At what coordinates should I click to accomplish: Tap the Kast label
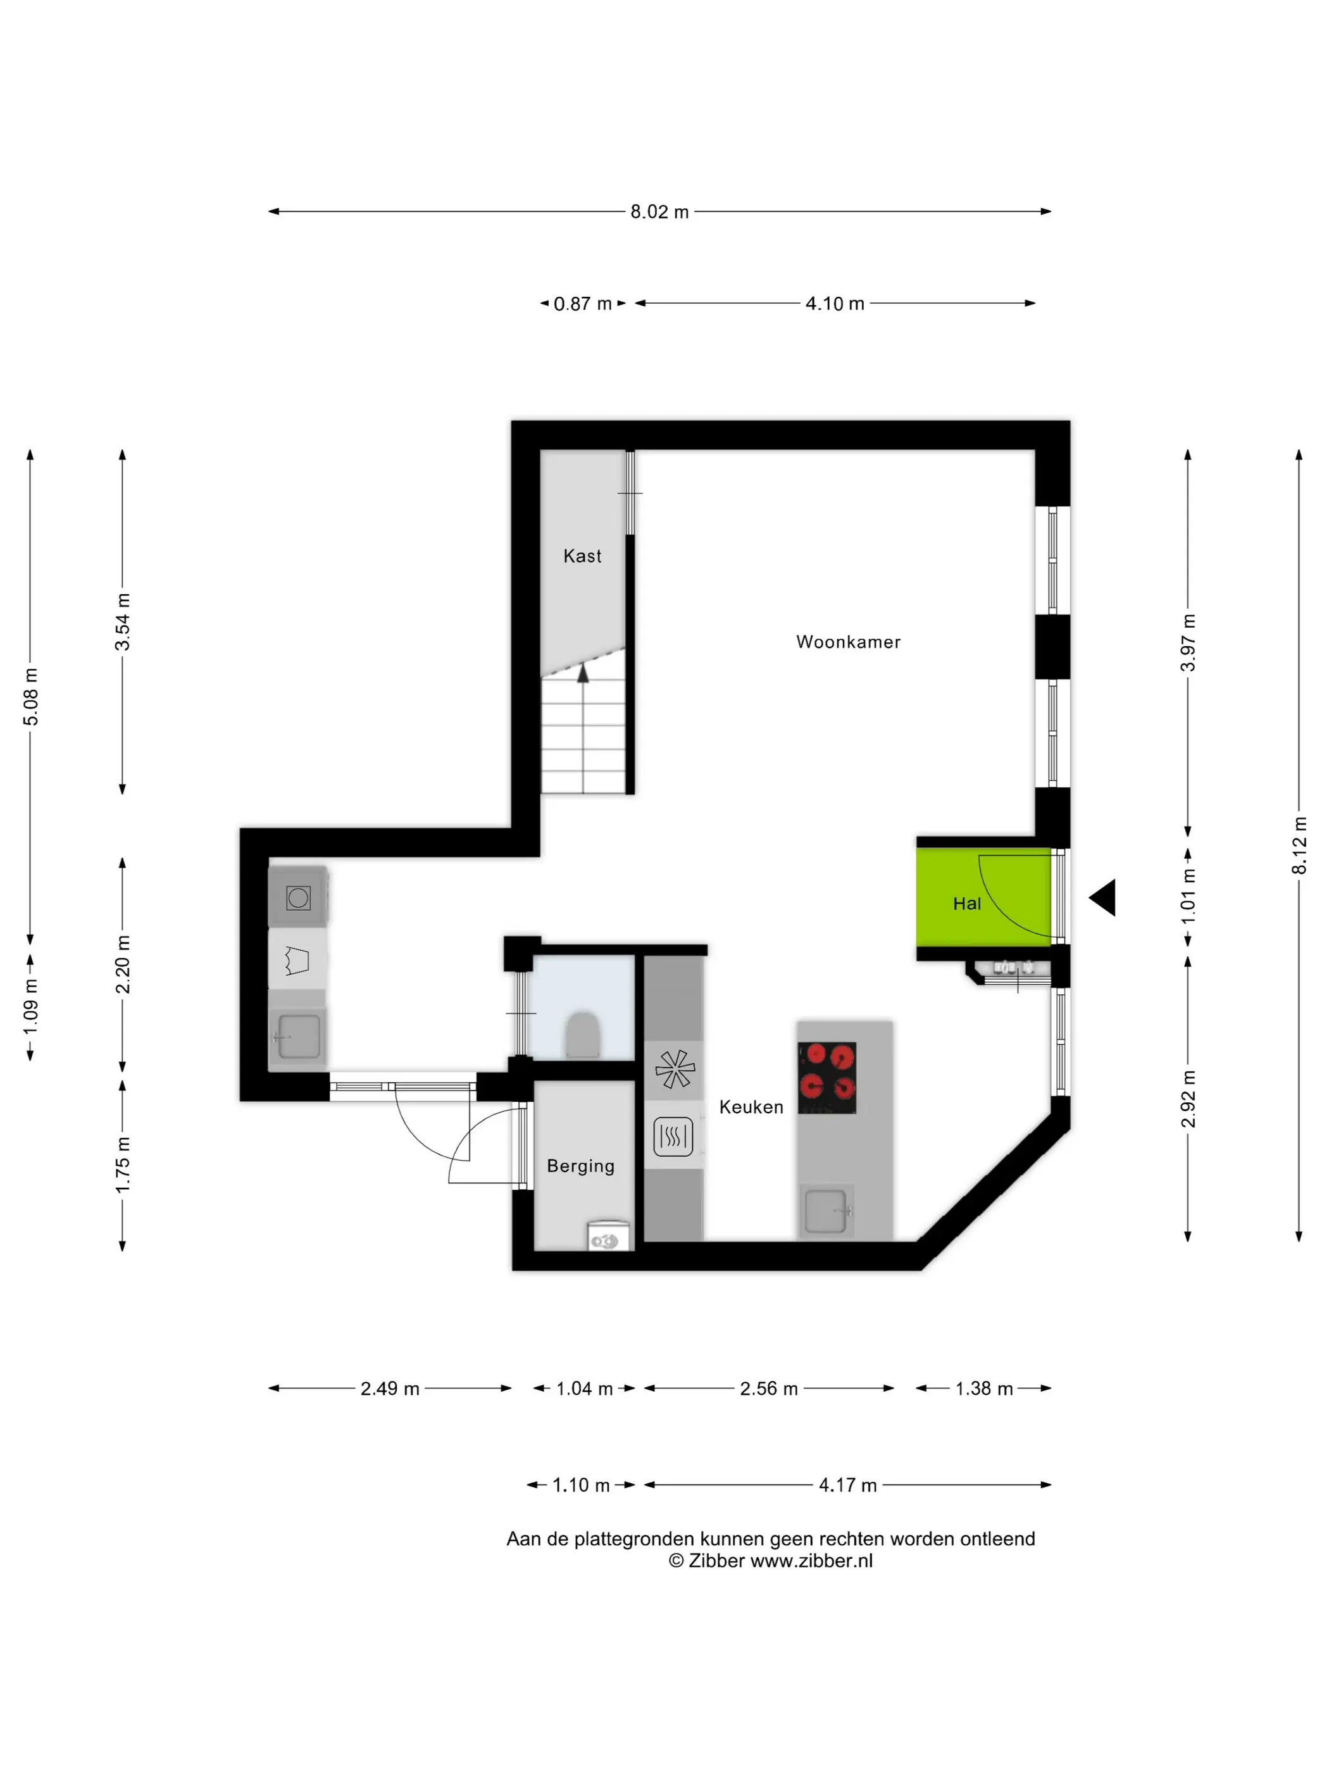click(x=582, y=556)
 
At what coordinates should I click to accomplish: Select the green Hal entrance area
click(x=983, y=897)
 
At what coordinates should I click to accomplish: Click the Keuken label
click(x=751, y=1106)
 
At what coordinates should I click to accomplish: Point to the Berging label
click(x=581, y=1166)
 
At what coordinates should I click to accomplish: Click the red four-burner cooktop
click(x=827, y=1078)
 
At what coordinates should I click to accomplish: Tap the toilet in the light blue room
click(x=582, y=1035)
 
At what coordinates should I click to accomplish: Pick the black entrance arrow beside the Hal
click(x=1102, y=897)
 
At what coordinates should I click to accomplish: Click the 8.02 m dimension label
click(x=659, y=211)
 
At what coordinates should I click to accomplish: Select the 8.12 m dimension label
click(x=1299, y=845)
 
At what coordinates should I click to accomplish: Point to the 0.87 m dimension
click(x=582, y=304)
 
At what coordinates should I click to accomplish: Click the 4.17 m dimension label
click(x=847, y=1485)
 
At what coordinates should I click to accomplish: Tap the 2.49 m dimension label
click(x=389, y=1388)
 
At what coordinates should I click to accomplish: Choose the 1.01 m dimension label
click(x=1188, y=895)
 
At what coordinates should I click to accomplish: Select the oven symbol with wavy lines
click(x=673, y=1136)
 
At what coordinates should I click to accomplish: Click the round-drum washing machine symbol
click(x=298, y=897)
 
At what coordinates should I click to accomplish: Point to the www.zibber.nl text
click(x=811, y=1561)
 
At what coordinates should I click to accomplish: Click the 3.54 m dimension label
click(x=123, y=621)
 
